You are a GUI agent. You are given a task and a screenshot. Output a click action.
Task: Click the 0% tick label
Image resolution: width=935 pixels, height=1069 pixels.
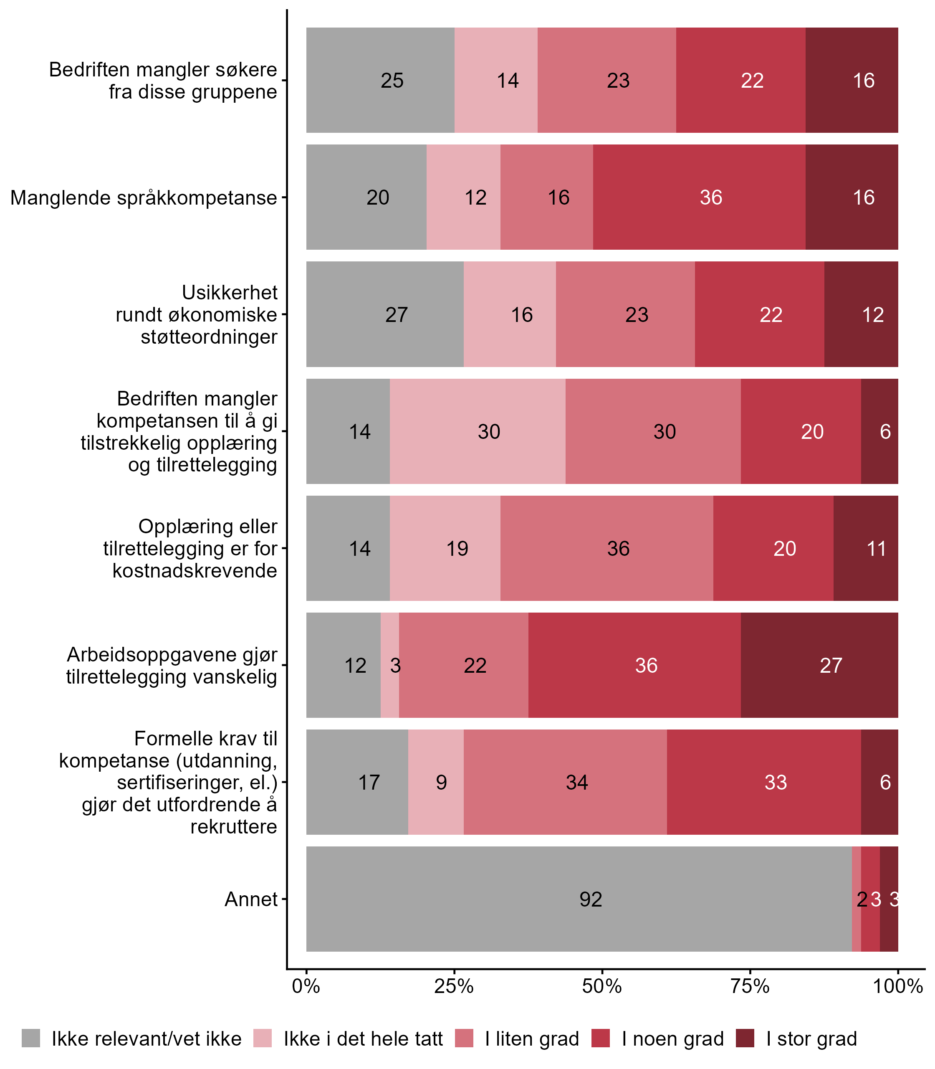306,986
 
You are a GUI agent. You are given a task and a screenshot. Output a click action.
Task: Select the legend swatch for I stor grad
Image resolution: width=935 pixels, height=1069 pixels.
745,1039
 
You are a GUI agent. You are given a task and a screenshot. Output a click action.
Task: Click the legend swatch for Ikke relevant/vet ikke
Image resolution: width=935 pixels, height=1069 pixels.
31,1039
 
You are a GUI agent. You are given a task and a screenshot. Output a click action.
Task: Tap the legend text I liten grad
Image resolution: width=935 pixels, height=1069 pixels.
532,1039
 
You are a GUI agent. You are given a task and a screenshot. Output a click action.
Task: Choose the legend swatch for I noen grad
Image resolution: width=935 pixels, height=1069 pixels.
601,1039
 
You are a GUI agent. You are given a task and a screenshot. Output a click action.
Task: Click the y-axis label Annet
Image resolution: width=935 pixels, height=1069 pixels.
251,899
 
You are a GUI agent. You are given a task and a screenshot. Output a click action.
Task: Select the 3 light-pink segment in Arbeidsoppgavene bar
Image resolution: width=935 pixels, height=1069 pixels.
390,665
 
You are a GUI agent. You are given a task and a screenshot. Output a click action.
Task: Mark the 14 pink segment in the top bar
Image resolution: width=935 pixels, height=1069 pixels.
496,80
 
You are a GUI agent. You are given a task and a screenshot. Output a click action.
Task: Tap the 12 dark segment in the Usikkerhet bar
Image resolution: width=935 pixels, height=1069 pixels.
861,314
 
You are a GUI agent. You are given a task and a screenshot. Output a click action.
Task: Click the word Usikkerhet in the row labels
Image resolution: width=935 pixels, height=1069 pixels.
230,292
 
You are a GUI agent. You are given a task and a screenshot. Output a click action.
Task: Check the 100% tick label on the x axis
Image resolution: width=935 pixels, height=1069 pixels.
898,986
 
